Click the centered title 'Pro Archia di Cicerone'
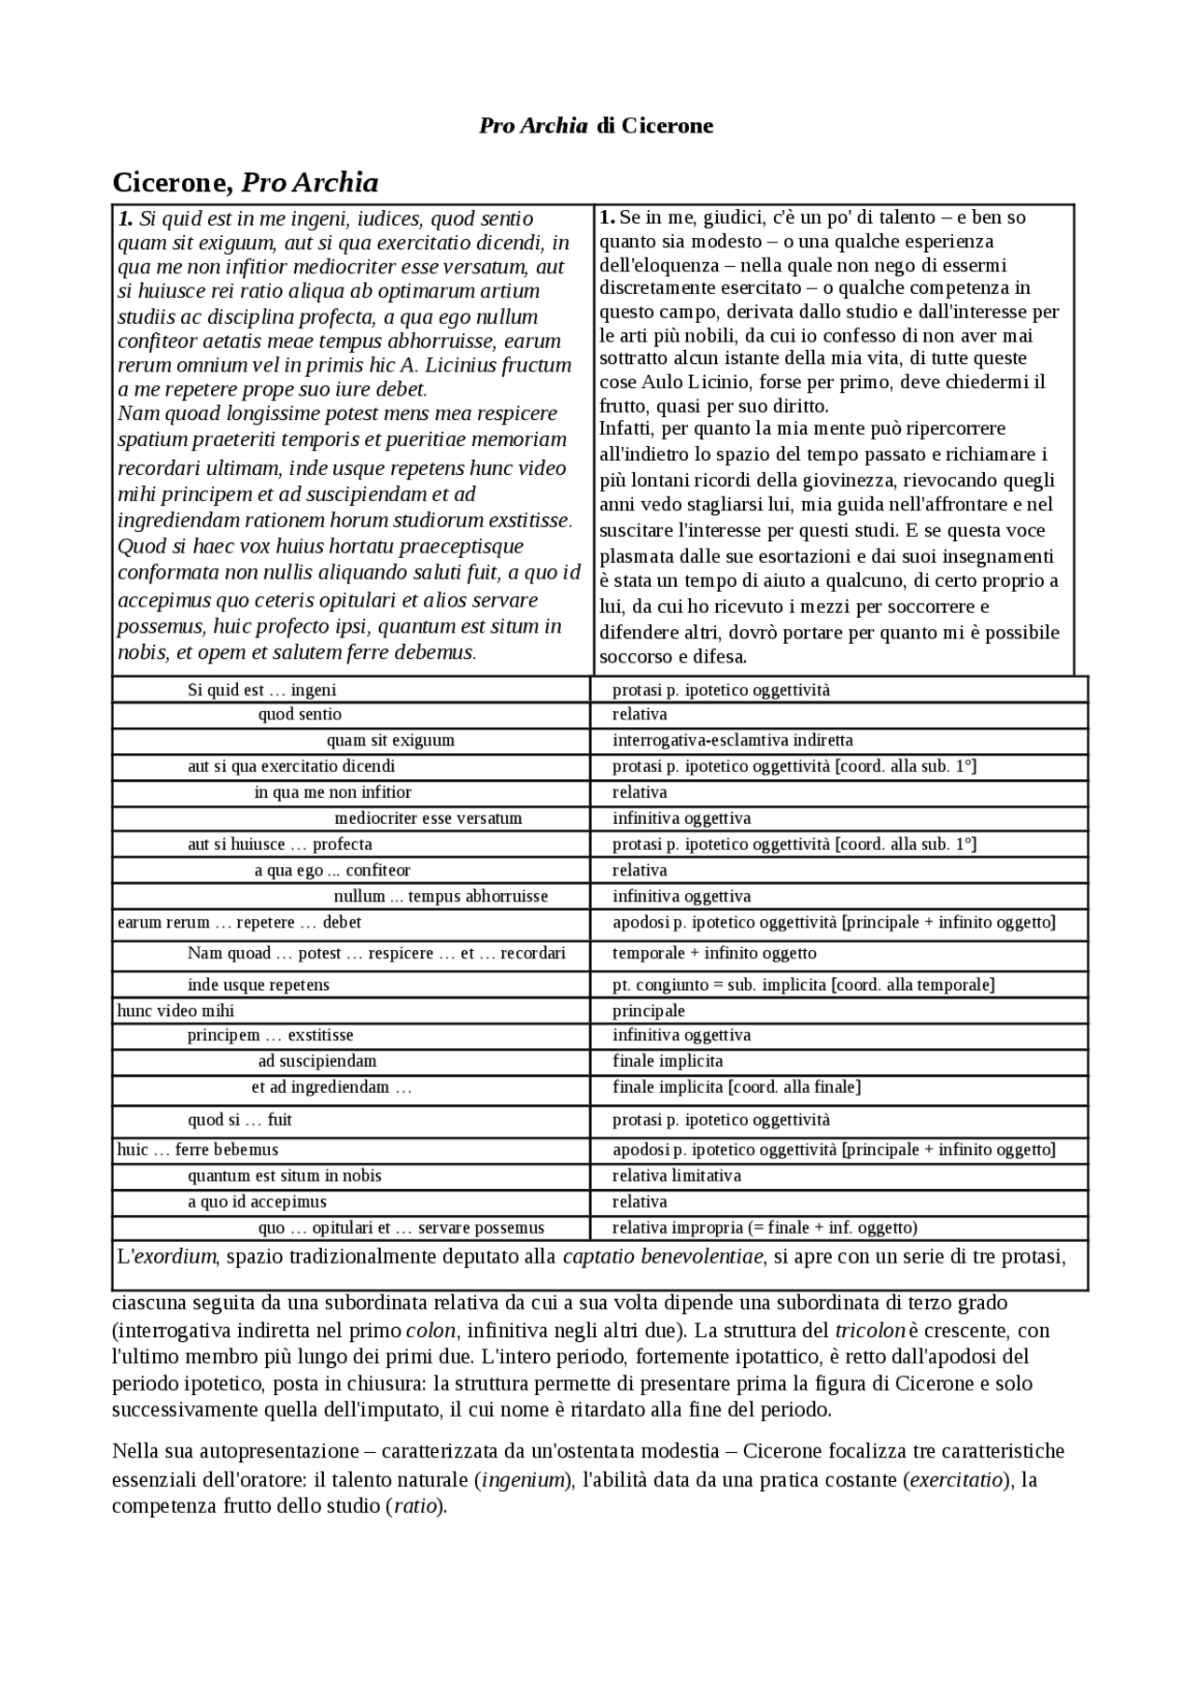point(596,126)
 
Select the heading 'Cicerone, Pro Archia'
point(245,182)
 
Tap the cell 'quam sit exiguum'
point(390,741)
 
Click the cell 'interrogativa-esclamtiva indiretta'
point(732,741)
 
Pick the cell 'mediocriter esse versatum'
point(428,818)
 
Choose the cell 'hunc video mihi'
point(176,1011)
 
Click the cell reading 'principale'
point(648,1011)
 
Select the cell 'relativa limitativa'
point(676,1176)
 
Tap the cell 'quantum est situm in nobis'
point(285,1176)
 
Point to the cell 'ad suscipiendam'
point(317,1061)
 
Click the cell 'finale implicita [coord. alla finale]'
point(736,1087)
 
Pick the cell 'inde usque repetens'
point(259,985)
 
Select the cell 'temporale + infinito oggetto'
point(714,953)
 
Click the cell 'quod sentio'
point(300,715)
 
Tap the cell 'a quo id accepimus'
point(257,1202)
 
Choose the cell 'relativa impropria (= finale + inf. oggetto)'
point(765,1228)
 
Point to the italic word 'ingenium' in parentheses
point(523,1480)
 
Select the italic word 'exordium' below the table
point(176,1256)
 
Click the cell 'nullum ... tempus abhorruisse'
point(441,897)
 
